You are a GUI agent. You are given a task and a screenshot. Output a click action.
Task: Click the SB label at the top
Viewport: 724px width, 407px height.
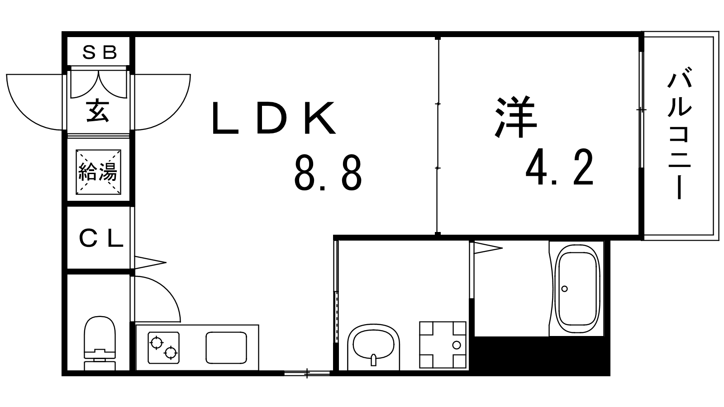click(100, 53)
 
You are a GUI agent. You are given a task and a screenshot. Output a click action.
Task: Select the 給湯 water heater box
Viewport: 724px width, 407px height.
click(98, 172)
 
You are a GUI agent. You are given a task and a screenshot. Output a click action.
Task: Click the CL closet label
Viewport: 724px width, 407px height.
click(100, 239)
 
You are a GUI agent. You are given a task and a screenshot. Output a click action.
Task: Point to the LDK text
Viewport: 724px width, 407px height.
click(274, 118)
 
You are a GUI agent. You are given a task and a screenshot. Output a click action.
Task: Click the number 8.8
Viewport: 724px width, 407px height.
click(328, 173)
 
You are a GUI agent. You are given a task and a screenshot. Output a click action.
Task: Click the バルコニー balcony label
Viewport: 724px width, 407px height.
click(679, 135)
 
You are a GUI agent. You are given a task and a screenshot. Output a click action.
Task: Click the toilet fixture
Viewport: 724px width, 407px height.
click(100, 343)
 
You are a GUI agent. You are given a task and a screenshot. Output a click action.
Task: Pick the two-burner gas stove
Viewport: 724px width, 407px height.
click(163, 347)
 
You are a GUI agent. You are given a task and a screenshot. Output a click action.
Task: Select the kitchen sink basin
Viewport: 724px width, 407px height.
click(227, 347)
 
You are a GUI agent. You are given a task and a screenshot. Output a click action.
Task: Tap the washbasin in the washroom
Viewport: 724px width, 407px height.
click(374, 347)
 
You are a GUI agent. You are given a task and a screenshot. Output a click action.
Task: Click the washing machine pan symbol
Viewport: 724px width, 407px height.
click(443, 345)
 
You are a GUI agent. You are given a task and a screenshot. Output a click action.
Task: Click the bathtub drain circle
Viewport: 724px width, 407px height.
click(564, 289)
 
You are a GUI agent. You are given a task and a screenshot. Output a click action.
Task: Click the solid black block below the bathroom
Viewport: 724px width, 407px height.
click(541, 355)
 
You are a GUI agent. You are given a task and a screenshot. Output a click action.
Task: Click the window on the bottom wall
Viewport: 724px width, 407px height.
click(307, 373)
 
